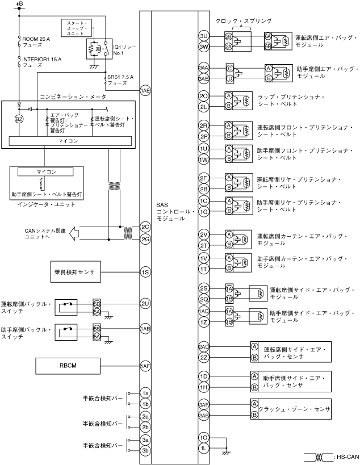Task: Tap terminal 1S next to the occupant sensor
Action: (x=145, y=273)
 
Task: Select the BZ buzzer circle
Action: (x=20, y=120)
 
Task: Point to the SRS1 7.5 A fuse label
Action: (x=120, y=79)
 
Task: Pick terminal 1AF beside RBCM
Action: (x=145, y=366)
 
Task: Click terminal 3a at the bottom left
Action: (x=145, y=440)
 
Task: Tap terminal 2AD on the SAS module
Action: (x=204, y=346)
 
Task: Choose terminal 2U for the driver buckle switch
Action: (x=145, y=304)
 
